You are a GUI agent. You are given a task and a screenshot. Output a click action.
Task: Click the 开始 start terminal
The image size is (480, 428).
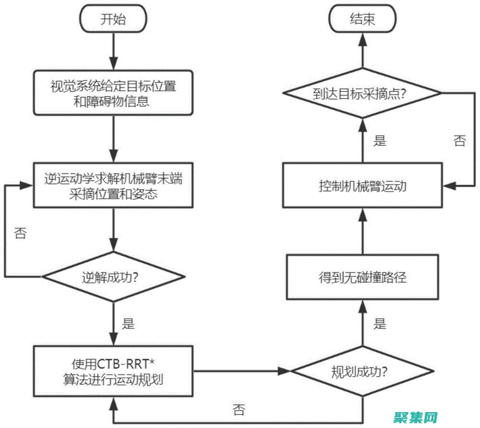pos(114,19)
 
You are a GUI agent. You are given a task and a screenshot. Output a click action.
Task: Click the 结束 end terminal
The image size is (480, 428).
pos(363,19)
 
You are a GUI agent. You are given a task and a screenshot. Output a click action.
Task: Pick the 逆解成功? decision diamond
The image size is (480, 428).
pos(114,277)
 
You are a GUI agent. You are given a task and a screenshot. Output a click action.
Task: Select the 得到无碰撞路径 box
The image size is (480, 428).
pos(363,277)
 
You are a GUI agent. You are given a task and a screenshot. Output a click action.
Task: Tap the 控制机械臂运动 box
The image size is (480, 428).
pos(363,185)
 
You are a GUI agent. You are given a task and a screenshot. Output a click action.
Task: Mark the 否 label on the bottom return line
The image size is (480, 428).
pos(239,409)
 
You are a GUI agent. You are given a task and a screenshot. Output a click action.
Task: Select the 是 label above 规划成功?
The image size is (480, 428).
pos(380,324)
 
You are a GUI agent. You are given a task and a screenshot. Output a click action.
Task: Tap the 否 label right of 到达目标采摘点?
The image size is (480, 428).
pos(459,141)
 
